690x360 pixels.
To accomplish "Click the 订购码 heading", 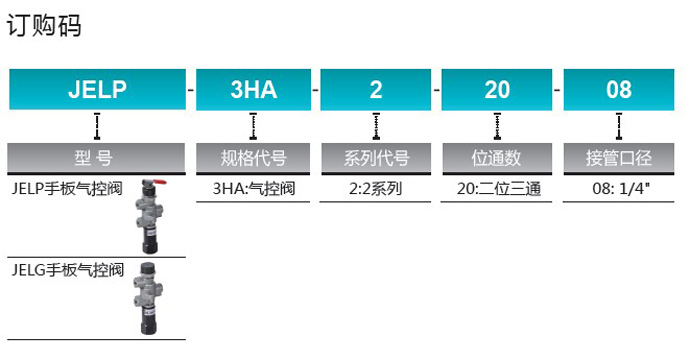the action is (x=44, y=26).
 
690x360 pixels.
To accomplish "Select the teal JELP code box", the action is (x=97, y=89).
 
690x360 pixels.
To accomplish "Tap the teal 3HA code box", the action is (x=253, y=89).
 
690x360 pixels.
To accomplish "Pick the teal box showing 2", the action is (x=375, y=89).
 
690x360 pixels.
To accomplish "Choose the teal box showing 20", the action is (x=497, y=89).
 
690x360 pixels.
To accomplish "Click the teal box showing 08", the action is (x=619, y=89).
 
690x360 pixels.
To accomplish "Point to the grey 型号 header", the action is (x=96, y=158).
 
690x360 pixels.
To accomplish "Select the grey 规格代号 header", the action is (x=253, y=158).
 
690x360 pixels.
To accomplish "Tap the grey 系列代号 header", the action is (x=376, y=158).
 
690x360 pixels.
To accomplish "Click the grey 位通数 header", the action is (x=497, y=158).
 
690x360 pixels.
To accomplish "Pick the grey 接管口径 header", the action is (x=619, y=158).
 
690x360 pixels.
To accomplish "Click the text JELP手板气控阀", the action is (x=67, y=189).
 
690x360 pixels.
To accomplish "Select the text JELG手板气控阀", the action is (x=67, y=270).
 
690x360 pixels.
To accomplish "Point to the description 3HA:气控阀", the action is (x=254, y=189).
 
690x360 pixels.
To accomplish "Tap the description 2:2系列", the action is (x=375, y=189).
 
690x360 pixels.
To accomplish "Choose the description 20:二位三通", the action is (x=499, y=189).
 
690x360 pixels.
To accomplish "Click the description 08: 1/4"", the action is (x=621, y=189).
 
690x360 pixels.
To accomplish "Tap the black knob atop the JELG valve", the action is (x=147, y=268).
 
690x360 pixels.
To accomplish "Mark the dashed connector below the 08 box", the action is (x=619, y=127).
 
